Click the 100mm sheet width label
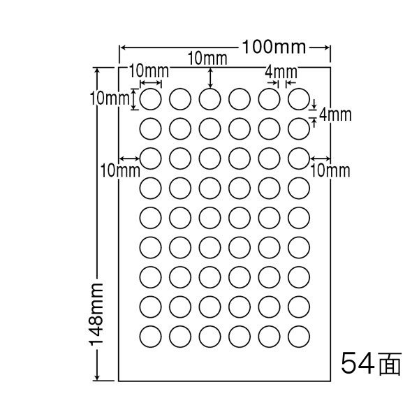(x=274, y=47)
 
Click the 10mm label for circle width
(x=149, y=70)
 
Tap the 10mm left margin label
(x=113, y=168)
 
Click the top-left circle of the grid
(x=151, y=99)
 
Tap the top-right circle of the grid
(x=299, y=99)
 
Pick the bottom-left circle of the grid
(x=151, y=335)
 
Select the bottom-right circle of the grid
(x=299, y=335)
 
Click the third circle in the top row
(x=209, y=99)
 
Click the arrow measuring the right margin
(x=321, y=158)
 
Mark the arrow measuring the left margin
(x=130, y=158)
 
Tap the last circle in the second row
(x=299, y=128)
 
